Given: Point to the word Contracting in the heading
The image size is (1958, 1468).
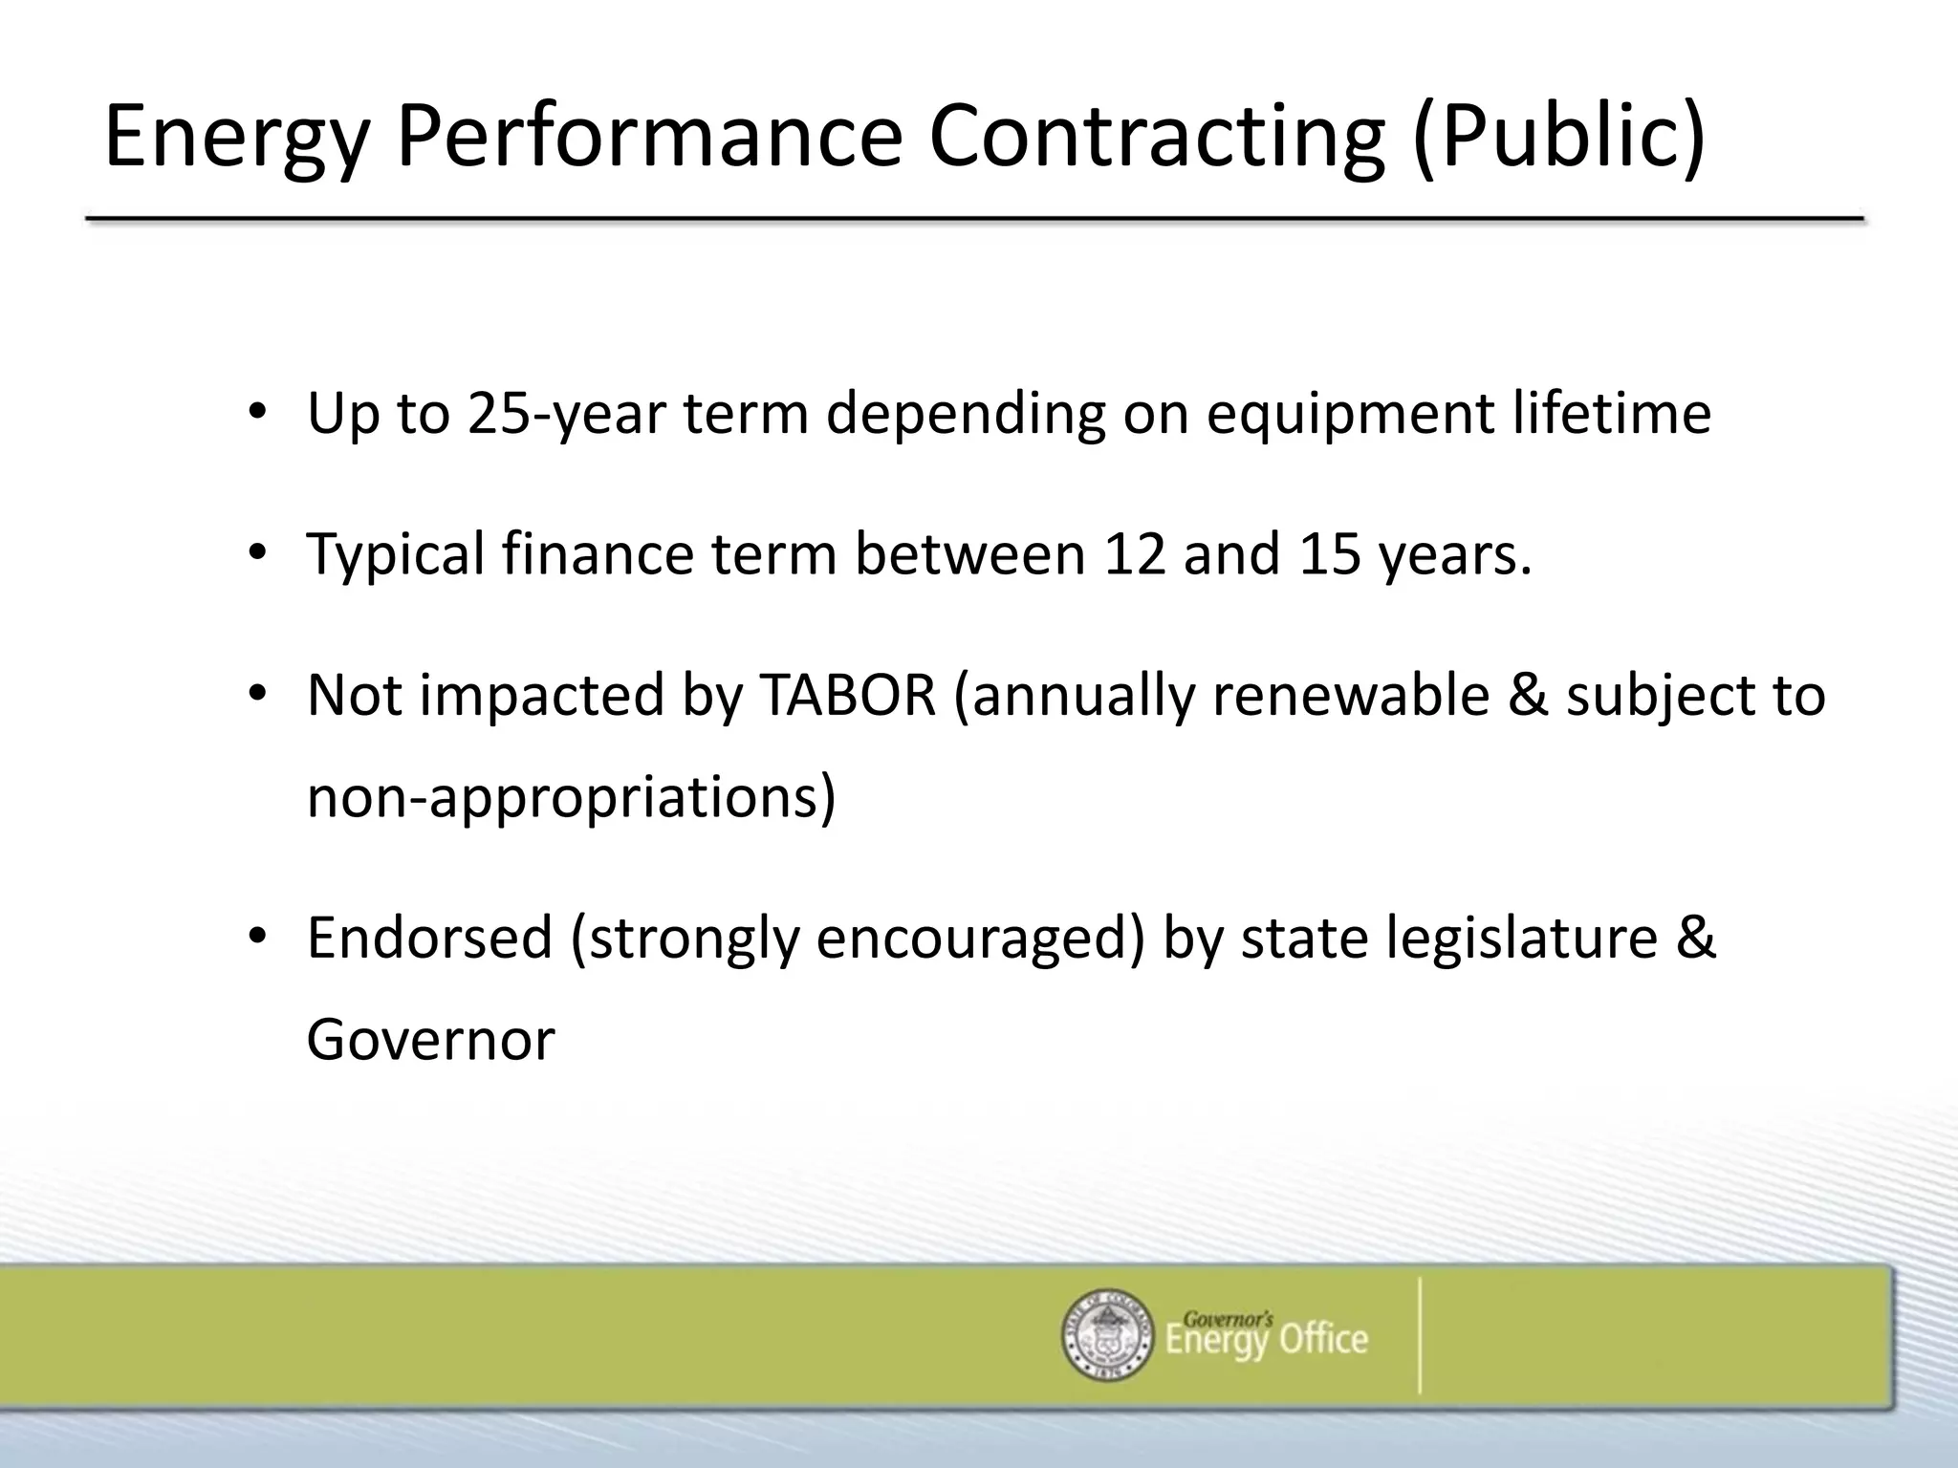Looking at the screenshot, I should tap(1156, 140).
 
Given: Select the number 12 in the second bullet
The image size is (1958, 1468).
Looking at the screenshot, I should tap(1134, 553).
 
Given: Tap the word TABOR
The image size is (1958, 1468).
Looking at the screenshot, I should tap(847, 695).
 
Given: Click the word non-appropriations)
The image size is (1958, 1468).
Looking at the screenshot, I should tap(571, 797).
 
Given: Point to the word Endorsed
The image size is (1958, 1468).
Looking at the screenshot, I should tap(429, 938).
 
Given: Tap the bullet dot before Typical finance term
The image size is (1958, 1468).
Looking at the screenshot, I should tap(256, 553).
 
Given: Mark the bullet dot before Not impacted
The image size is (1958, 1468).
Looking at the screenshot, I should tap(256, 695).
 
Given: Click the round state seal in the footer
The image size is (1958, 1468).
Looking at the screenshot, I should tap(1108, 1336).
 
